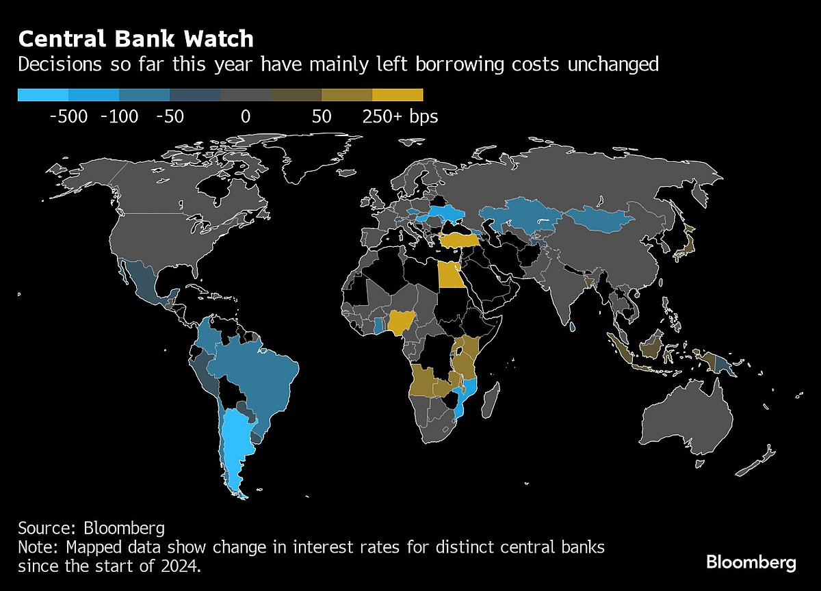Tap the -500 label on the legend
click(68, 117)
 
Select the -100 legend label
click(119, 117)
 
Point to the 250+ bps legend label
click(400, 117)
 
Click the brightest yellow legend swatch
click(398, 95)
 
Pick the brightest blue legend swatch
click(43, 95)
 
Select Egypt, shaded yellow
click(449, 276)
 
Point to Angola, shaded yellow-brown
click(427, 380)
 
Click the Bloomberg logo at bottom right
click(751, 562)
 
